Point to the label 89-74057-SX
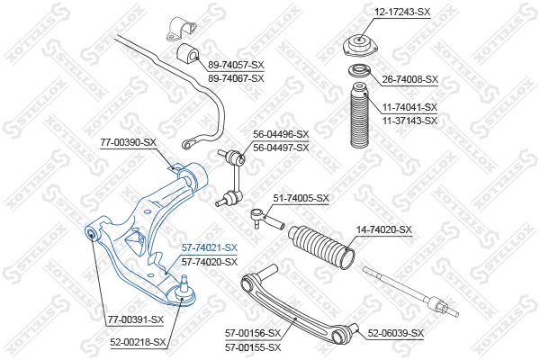236,66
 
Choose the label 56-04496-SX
280,135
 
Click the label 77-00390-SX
128,142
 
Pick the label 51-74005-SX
301,198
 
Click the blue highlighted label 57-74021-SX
209,247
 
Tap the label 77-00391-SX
135,319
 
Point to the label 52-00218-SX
139,342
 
